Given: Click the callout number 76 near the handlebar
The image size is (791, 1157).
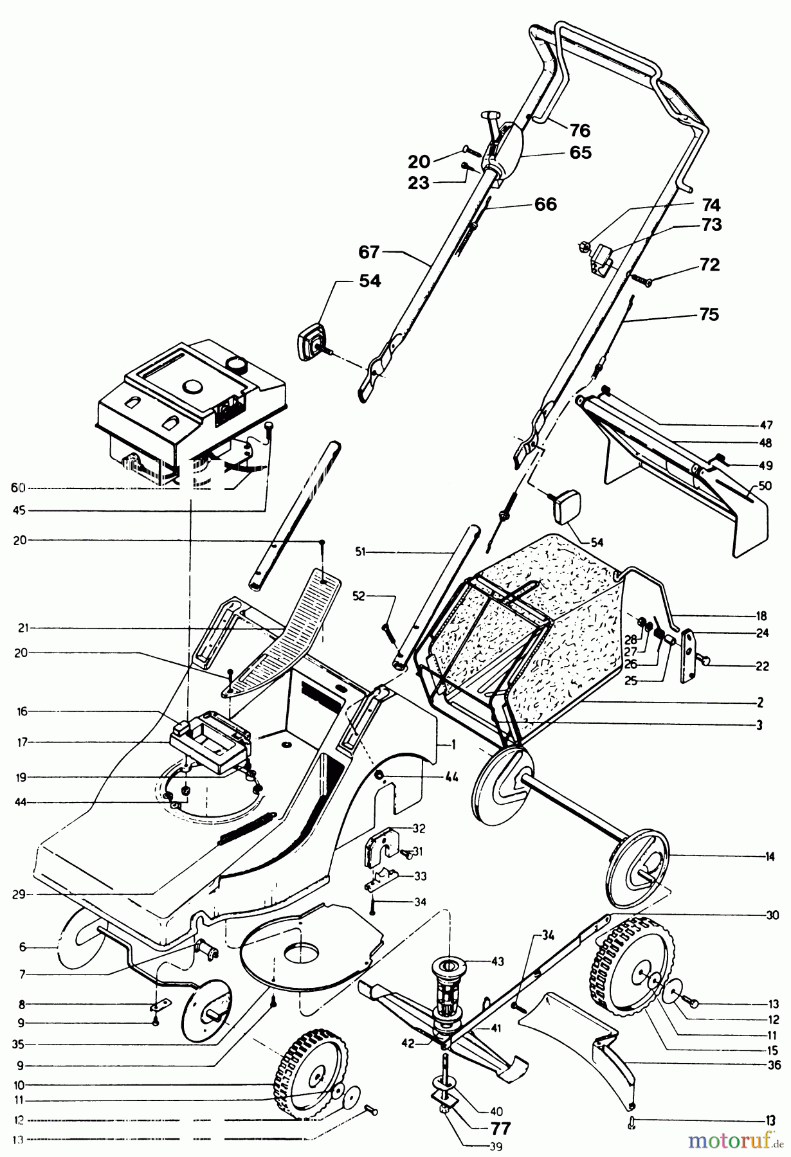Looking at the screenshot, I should click(579, 130).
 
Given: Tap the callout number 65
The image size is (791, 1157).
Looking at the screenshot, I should click(580, 153).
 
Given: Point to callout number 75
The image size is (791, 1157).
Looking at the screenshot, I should click(709, 315).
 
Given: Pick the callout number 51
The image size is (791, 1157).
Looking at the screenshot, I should click(360, 552).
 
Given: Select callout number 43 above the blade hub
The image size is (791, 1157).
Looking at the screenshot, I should click(496, 962).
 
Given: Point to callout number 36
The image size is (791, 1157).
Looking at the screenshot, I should click(774, 1064).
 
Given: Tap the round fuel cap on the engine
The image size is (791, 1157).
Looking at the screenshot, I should click(237, 364).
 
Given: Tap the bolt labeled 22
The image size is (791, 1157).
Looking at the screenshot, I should click(705, 661).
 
